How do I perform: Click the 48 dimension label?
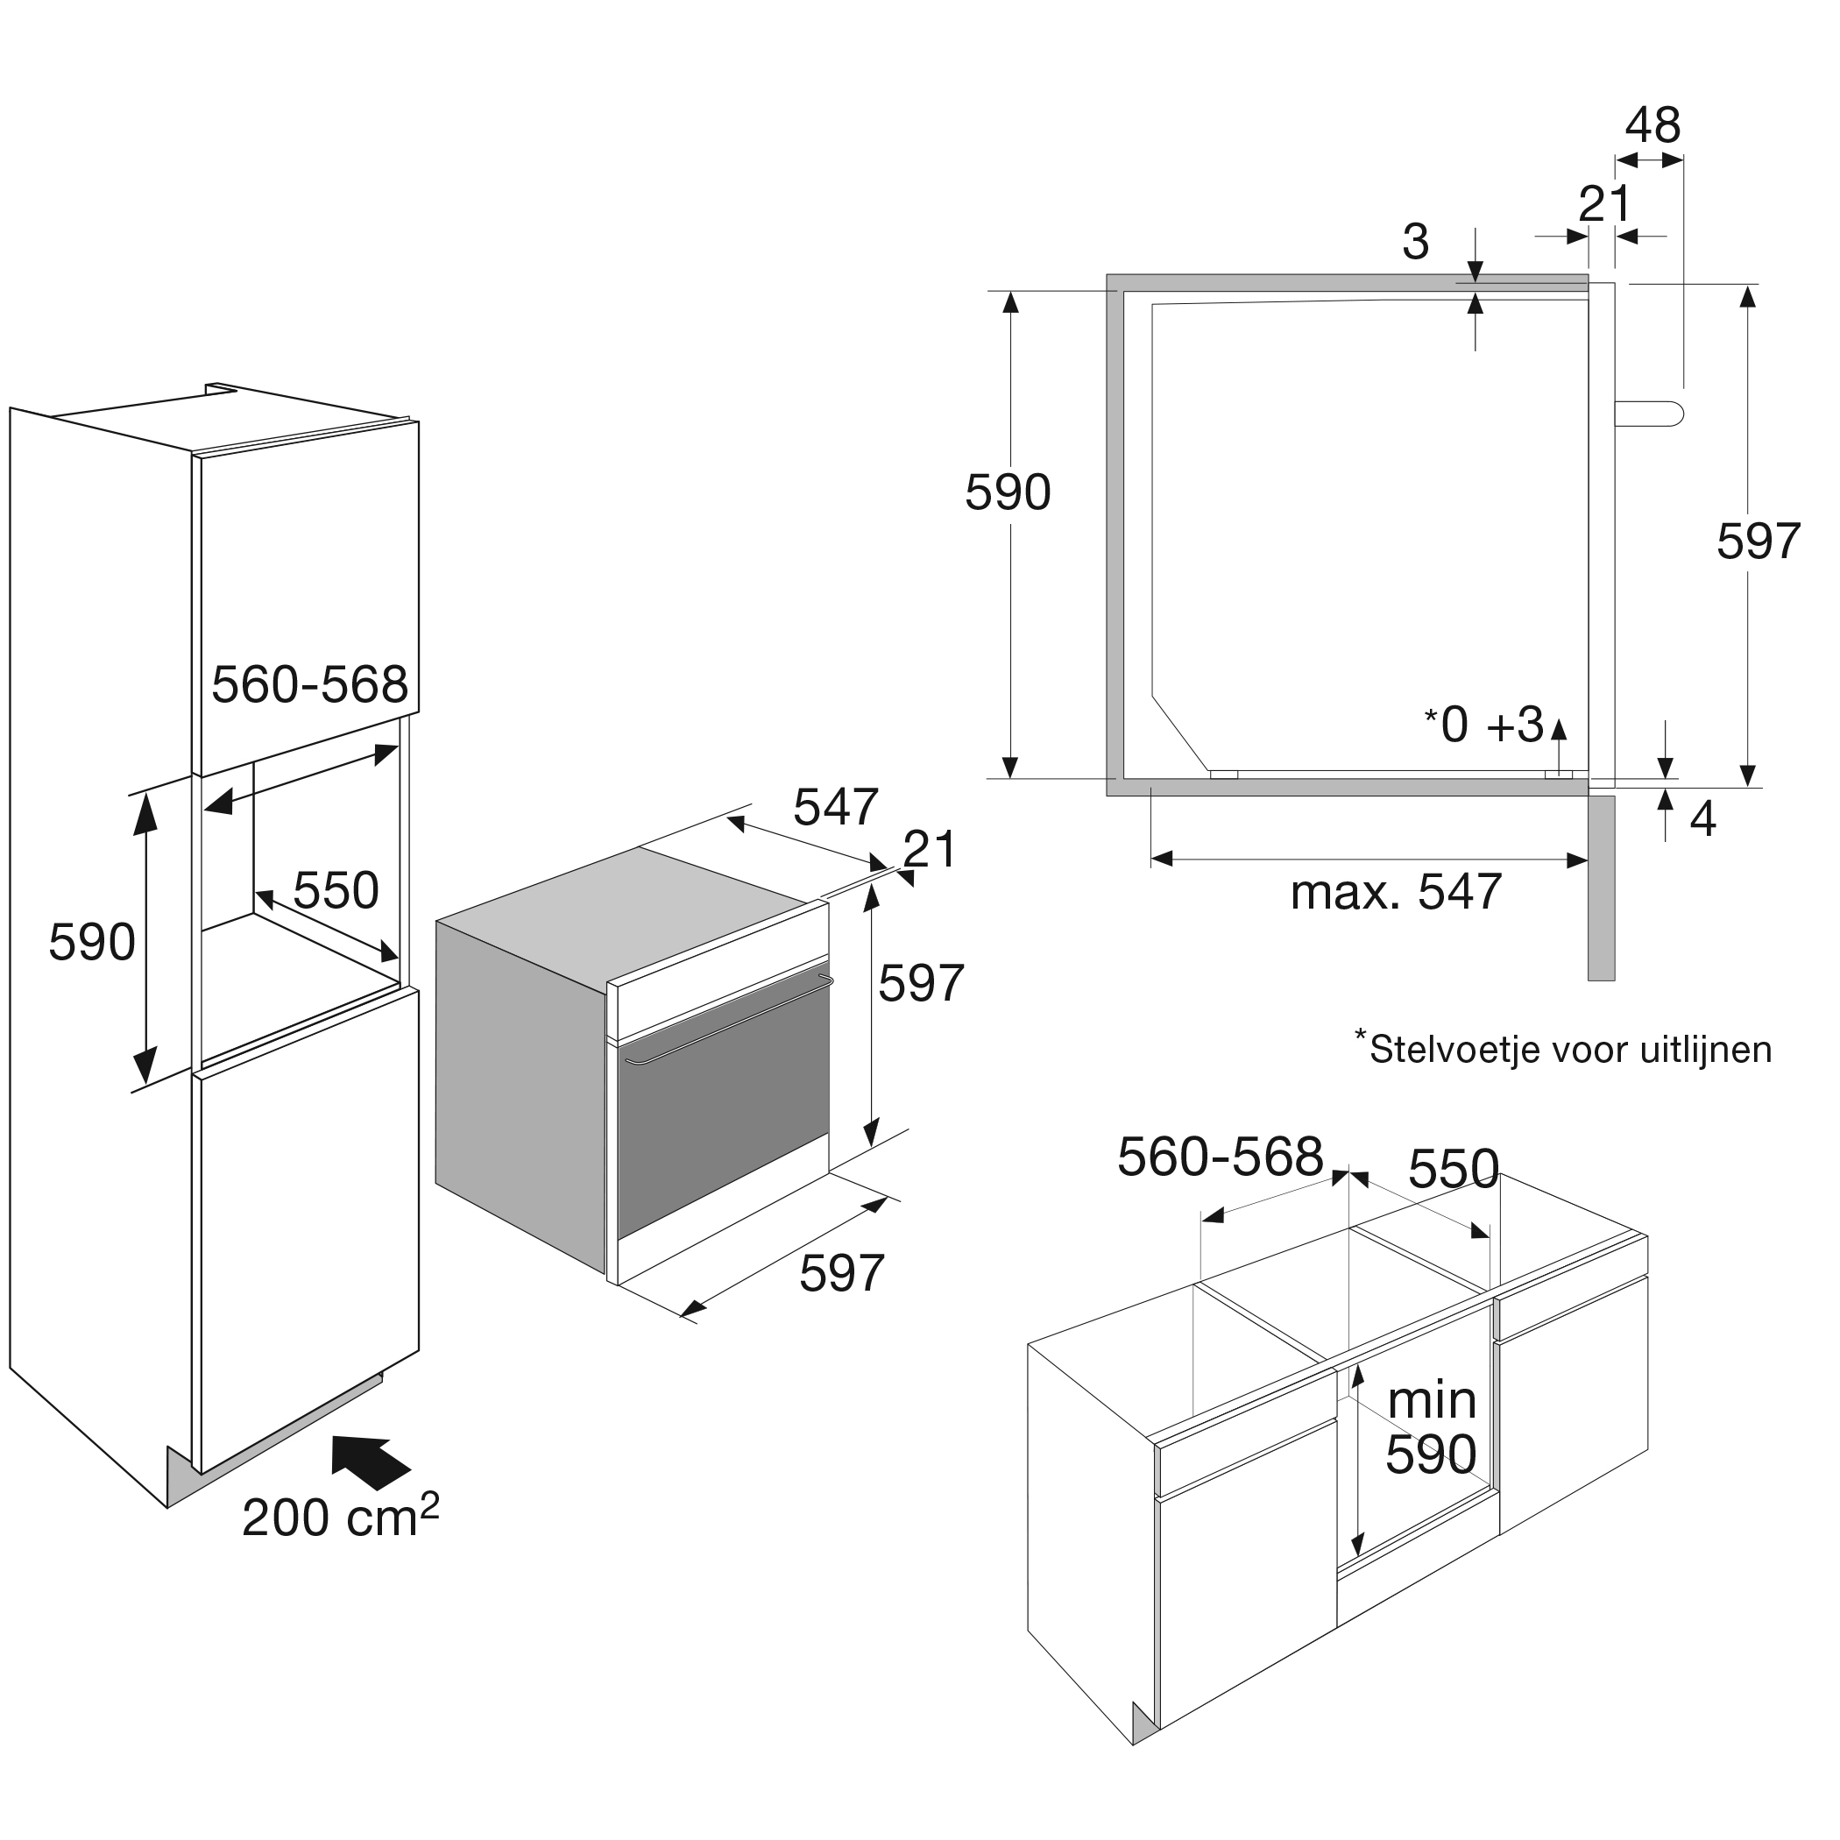pos(1652,125)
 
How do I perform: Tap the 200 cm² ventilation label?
pos(340,1518)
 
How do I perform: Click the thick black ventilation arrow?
pos(370,1461)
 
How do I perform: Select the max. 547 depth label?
pos(1395,892)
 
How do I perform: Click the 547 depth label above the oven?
pos(835,807)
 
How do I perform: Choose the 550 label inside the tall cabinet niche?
pos(336,890)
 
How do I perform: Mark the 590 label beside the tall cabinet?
pos(91,942)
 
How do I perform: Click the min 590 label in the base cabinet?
pos(1431,1427)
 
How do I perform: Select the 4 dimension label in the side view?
pos(1702,819)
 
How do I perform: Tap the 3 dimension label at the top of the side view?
pos(1415,242)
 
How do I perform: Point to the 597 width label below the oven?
pos(842,1272)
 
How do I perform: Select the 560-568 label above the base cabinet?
pos(1220,1157)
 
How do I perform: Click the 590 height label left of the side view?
pos(1008,492)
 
